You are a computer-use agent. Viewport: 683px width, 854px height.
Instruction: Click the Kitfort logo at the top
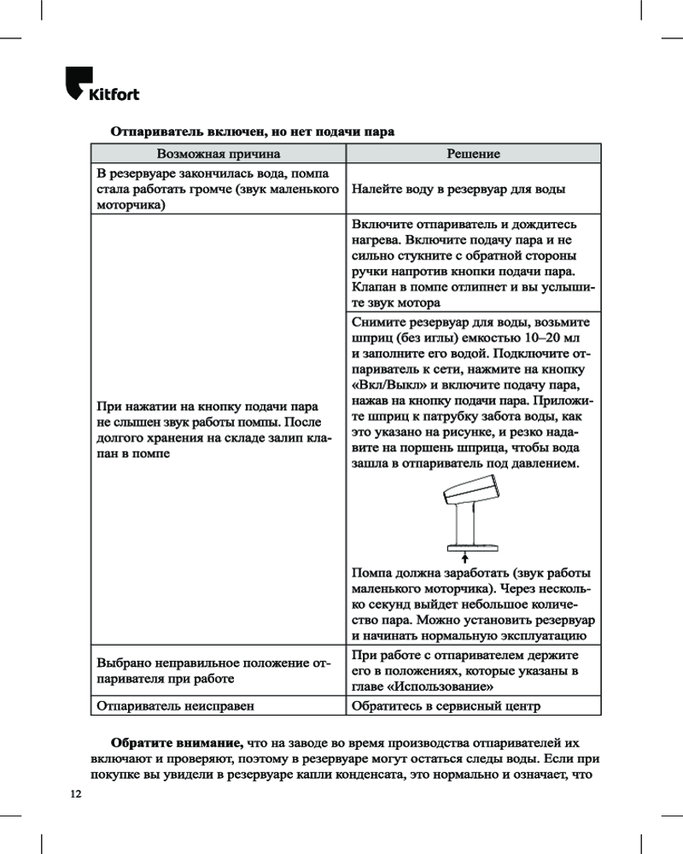(102, 85)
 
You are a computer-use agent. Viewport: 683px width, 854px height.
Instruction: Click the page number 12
(76, 794)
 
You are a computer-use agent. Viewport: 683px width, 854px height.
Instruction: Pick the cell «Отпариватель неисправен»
(176, 706)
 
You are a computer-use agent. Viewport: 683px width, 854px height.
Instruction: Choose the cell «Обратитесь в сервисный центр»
(446, 706)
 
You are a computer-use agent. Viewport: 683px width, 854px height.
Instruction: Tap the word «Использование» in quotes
(441, 687)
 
